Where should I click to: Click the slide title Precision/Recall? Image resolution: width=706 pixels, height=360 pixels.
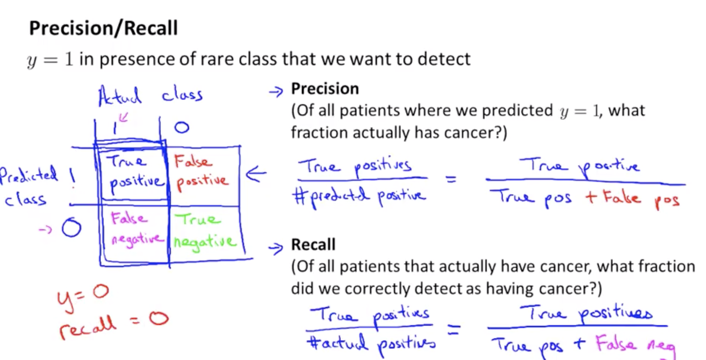coord(103,28)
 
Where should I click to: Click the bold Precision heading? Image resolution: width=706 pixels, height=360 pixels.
coord(325,89)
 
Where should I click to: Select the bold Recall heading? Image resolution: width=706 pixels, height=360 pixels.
coord(313,245)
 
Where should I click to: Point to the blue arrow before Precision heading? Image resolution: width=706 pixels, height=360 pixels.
coord(275,92)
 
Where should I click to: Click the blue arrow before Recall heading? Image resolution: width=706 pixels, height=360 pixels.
coord(275,248)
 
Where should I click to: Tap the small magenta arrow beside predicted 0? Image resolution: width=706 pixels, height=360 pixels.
coord(45,229)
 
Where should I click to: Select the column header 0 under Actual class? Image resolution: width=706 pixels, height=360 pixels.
coord(181,128)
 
